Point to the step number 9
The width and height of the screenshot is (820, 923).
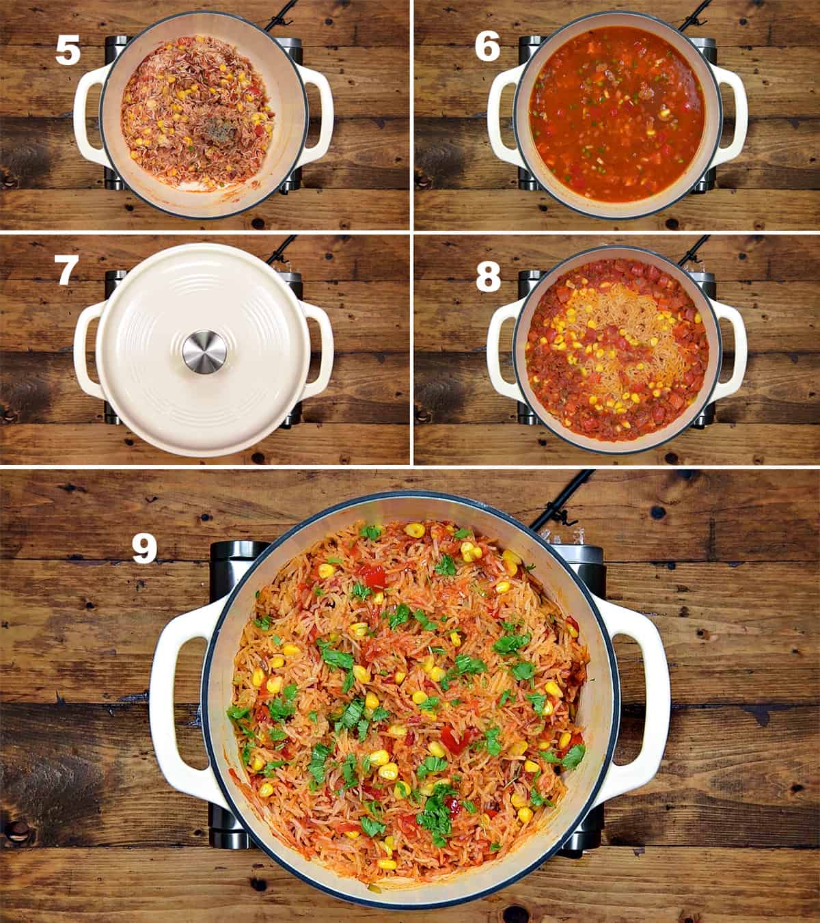(144, 549)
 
